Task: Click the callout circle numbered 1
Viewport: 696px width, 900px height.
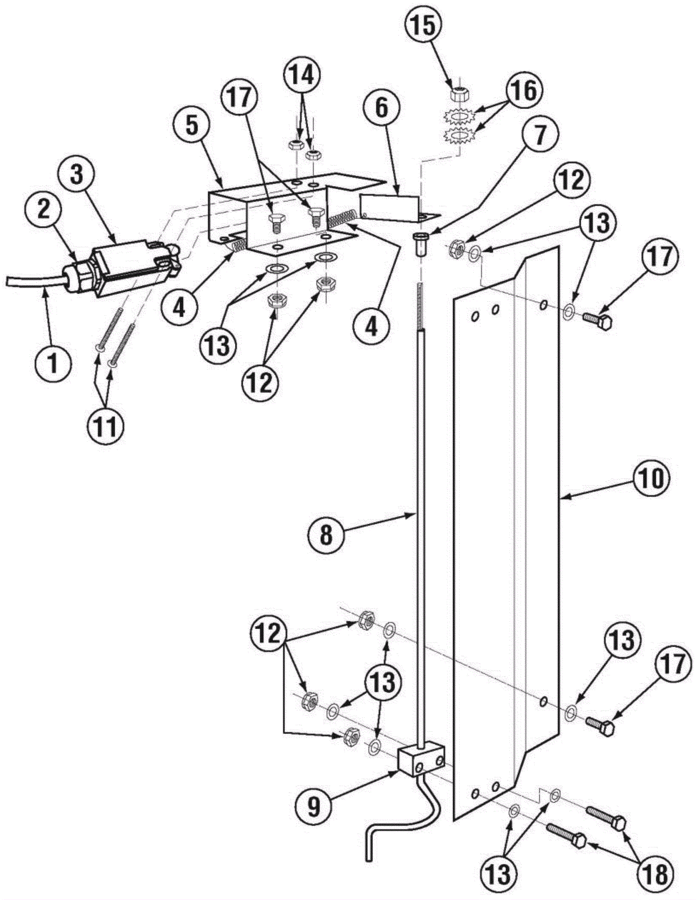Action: pos(53,363)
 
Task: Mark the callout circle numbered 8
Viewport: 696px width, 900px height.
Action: pos(325,535)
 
